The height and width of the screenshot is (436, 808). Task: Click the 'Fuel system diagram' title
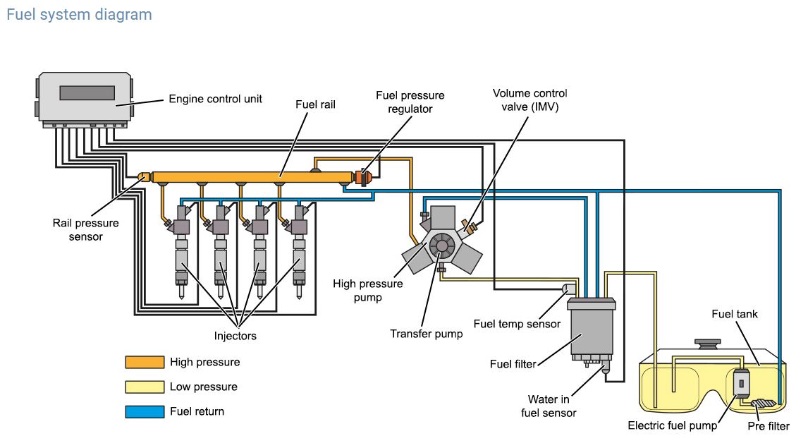[x=79, y=14]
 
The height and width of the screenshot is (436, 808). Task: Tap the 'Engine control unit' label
[x=215, y=99]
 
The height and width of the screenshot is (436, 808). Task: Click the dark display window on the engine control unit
[x=87, y=93]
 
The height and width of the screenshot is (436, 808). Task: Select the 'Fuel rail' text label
[x=314, y=104]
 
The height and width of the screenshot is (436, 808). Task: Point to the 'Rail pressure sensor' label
[x=85, y=230]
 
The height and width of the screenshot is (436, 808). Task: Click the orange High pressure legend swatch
[x=145, y=362]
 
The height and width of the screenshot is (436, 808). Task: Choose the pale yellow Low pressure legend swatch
[x=145, y=387]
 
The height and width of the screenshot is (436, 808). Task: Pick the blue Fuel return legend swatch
[x=145, y=411]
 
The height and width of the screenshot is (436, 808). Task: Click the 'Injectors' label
[x=235, y=336]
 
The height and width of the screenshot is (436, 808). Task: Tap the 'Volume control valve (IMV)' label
[x=530, y=100]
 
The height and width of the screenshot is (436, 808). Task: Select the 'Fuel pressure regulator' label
[x=410, y=102]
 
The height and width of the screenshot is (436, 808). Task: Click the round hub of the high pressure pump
[x=441, y=245]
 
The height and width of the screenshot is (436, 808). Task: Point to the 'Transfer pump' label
[x=427, y=333]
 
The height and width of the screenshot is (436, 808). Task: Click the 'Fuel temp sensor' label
[x=517, y=324]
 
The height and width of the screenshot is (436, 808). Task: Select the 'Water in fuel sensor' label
[x=549, y=406]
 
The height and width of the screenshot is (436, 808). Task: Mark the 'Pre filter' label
[x=769, y=426]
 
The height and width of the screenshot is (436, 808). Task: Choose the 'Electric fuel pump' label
[x=673, y=426]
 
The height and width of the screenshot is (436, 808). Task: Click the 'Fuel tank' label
[x=735, y=314]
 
